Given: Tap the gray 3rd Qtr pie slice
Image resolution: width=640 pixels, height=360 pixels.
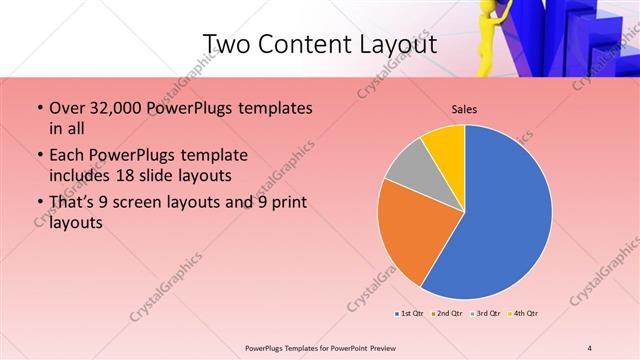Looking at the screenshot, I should pyautogui.click(x=408, y=168).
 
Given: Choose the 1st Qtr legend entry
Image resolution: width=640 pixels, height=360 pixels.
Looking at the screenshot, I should pyautogui.click(x=409, y=314).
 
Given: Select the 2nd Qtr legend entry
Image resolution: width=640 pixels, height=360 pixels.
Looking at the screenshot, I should pyautogui.click(x=446, y=314).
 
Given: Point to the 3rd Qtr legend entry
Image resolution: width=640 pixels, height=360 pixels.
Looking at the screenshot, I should pyautogui.click(x=485, y=314).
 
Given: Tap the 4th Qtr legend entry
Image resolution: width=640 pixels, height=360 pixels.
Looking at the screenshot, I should pyautogui.click(x=524, y=314).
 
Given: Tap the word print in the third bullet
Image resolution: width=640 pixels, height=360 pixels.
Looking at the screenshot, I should pyautogui.click(x=287, y=203).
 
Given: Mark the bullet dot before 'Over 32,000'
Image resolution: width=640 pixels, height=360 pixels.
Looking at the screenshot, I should pyautogui.click(x=39, y=108).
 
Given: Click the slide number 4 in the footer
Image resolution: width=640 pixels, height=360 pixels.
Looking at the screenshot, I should pyautogui.click(x=590, y=347).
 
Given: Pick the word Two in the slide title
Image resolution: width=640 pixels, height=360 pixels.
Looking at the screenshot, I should pyautogui.click(x=225, y=45).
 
